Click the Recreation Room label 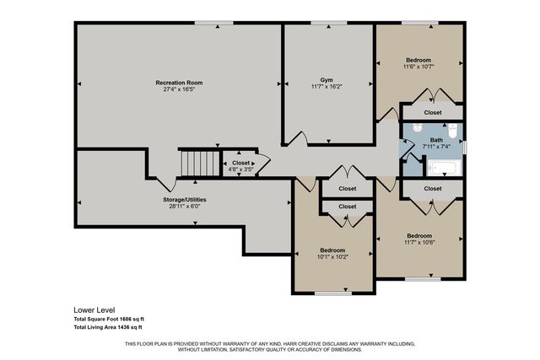point(179,83)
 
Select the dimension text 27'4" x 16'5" point(179,89)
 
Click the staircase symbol point(197,163)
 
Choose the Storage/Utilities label point(185,199)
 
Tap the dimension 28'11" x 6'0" point(185,206)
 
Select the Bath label point(435,140)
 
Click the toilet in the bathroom point(452,131)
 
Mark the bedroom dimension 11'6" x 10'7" point(418,67)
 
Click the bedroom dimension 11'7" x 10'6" point(418,242)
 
